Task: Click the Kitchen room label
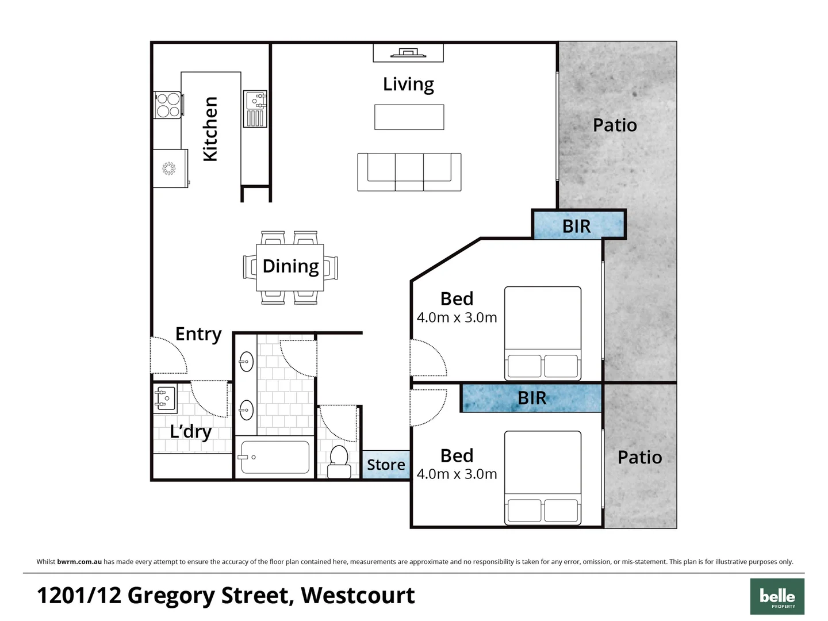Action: click(210, 129)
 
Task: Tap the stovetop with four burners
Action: click(168, 105)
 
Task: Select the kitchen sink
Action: click(254, 108)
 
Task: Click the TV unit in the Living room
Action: click(408, 53)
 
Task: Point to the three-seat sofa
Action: click(409, 171)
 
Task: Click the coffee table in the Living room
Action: click(409, 117)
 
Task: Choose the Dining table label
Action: click(290, 266)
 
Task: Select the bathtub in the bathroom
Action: click(274, 457)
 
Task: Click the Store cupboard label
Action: click(386, 465)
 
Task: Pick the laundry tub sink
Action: click(164, 398)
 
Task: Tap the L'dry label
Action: click(190, 431)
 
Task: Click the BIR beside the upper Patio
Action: click(577, 226)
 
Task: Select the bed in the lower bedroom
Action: click(542, 477)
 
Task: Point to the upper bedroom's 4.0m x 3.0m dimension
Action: click(457, 317)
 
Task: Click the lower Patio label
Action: click(639, 457)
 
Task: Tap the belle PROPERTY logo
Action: click(777, 597)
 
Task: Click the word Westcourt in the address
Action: click(357, 595)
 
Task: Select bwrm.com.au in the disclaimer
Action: click(79, 562)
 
